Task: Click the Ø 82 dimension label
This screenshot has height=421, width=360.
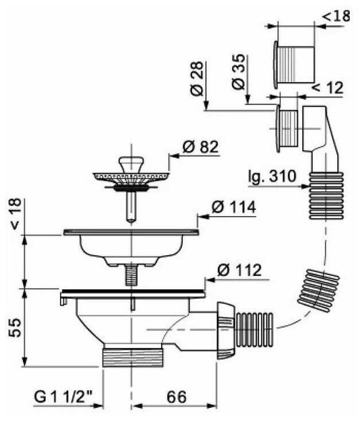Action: (201, 147)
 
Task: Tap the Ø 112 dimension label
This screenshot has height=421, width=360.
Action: (240, 270)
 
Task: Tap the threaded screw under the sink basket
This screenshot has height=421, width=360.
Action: (132, 276)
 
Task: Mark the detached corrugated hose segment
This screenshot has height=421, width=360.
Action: (315, 286)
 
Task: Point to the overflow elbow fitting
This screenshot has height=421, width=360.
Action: (318, 132)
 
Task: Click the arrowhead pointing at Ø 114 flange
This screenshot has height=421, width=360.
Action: (200, 217)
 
